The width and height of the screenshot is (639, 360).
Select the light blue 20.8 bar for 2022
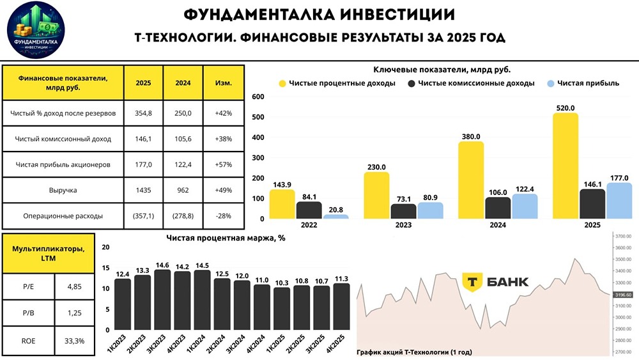pyautogui.click(x=335, y=216)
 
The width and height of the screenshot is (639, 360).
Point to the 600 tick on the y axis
pyautogui.click(x=258, y=97)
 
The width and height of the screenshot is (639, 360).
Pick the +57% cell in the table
pyautogui.click(x=224, y=164)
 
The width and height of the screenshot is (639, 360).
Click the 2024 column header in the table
pyautogui.click(x=183, y=83)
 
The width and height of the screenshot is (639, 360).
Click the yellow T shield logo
pyautogui.click(x=472, y=282)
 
